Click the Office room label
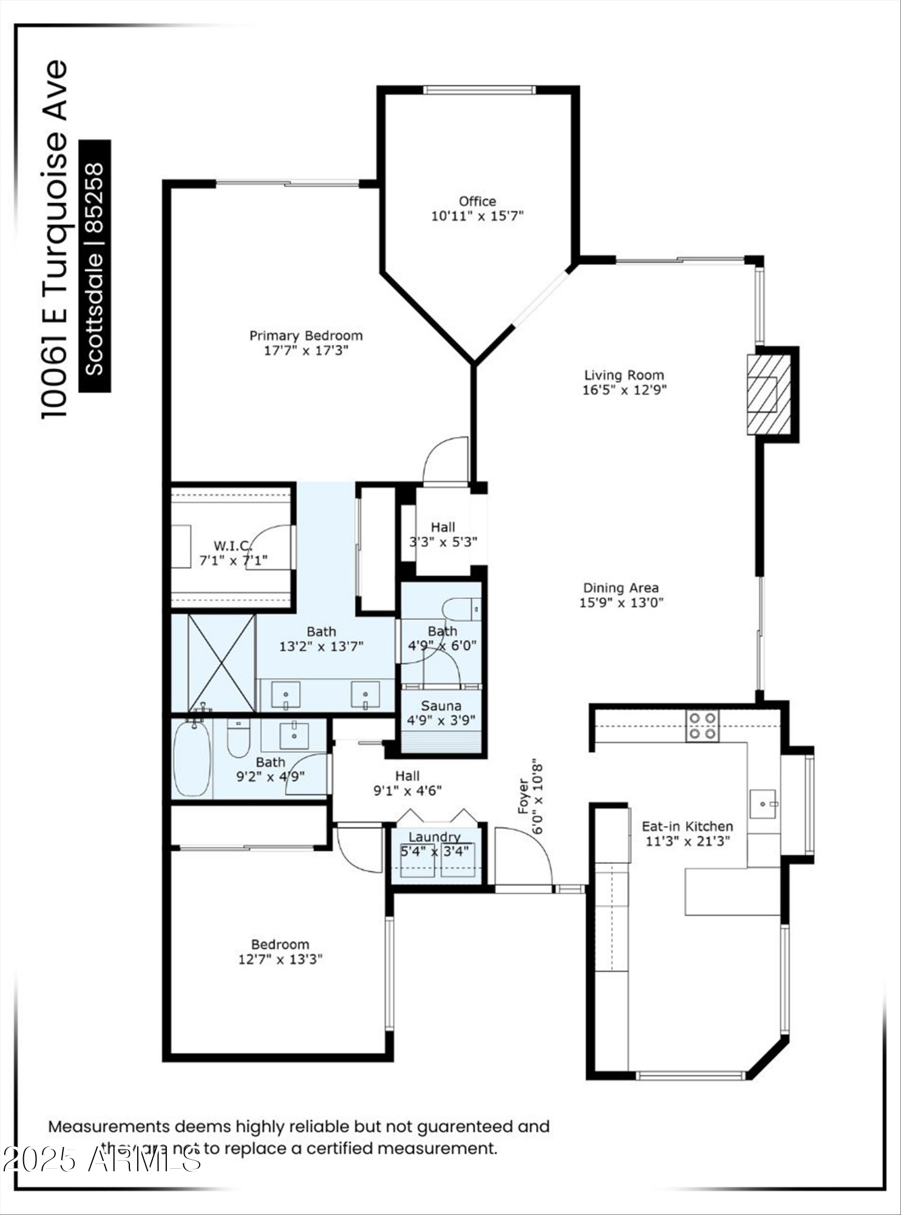[x=477, y=201]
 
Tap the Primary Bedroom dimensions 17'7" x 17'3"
[x=306, y=351]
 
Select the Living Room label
[x=624, y=375]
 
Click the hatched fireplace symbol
[x=769, y=394]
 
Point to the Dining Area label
[x=620, y=587]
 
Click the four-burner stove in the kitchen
[x=702, y=726]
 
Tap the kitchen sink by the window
[x=763, y=804]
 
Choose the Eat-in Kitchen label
[x=687, y=826]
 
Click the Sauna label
[x=441, y=706]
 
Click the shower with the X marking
[x=222, y=663]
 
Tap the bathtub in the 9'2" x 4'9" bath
[x=192, y=758]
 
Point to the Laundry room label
[x=434, y=837]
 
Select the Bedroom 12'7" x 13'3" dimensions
[x=280, y=959]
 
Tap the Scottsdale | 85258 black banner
[x=95, y=266]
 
